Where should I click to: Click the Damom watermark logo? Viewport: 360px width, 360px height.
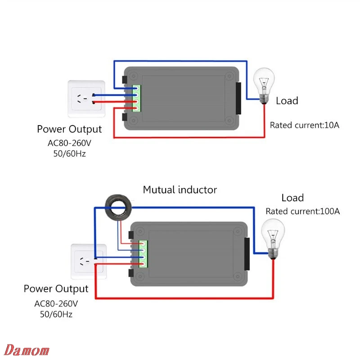(28, 350)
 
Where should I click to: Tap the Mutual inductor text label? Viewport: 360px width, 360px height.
(180, 189)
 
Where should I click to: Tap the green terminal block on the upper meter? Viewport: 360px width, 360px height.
(136, 99)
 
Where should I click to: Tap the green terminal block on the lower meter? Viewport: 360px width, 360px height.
(144, 254)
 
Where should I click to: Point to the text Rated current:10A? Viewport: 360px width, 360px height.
(304, 125)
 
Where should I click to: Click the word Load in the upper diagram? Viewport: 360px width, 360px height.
(287, 101)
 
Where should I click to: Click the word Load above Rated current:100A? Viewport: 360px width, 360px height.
(292, 198)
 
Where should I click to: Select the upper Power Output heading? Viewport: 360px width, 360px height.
(69, 130)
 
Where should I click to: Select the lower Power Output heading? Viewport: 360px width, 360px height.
(56, 288)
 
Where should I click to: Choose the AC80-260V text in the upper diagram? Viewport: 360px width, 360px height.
(69, 143)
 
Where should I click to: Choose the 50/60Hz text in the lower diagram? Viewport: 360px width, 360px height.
(56, 314)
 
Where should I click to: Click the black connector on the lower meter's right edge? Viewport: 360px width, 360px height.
(247, 254)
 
